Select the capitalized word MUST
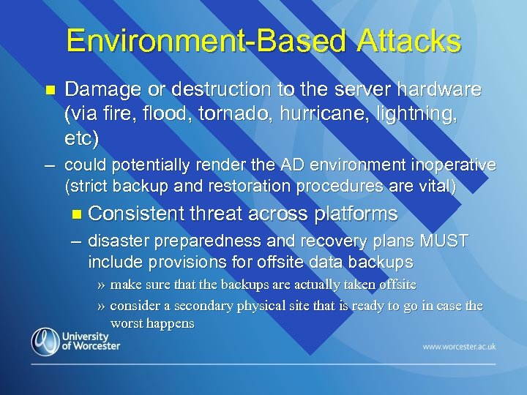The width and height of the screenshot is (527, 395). [x=441, y=241]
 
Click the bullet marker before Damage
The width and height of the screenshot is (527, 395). [x=50, y=91]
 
